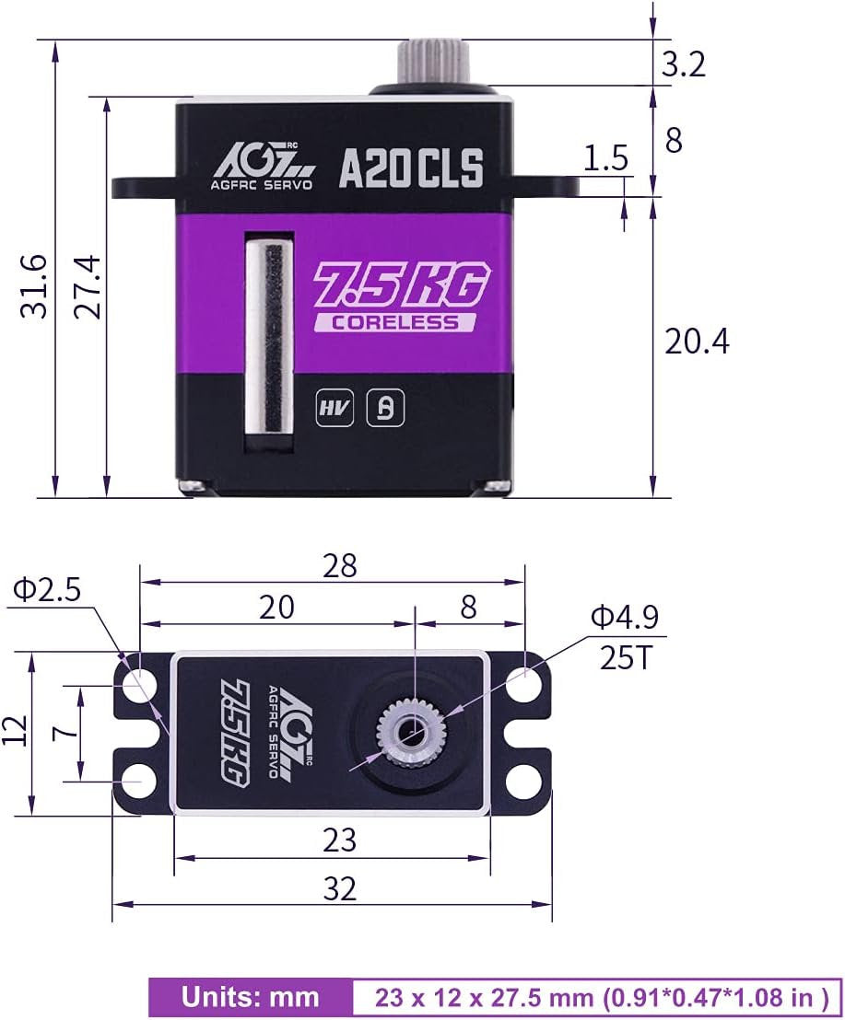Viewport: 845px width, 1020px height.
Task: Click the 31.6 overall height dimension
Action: point(34,286)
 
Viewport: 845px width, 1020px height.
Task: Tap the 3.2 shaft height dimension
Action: point(683,64)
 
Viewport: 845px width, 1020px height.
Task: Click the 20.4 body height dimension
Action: point(696,342)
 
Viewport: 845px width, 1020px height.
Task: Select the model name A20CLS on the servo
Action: point(411,168)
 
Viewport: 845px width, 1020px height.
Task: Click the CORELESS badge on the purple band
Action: point(395,322)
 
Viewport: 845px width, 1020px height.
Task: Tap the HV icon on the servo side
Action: point(334,410)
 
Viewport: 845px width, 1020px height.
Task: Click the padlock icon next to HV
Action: point(385,410)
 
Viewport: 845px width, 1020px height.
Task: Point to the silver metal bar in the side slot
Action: point(273,336)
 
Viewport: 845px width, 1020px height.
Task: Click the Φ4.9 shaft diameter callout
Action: point(624,617)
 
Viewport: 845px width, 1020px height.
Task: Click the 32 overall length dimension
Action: point(339,888)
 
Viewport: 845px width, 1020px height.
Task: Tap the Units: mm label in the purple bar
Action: point(250,997)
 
